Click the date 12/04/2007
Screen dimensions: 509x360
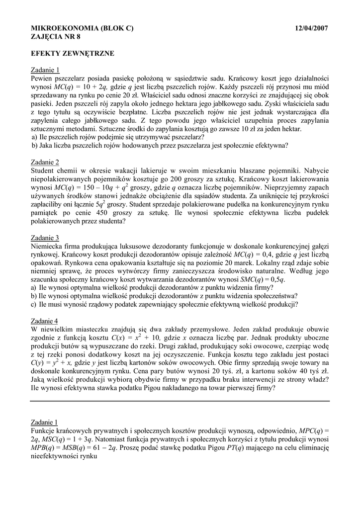[311, 28]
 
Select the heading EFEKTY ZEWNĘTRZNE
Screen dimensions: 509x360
[73, 53]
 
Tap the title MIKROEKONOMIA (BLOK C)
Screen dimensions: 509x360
[82, 28]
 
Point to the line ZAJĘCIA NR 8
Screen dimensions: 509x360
[56, 36]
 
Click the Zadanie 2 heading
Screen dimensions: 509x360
[45, 162]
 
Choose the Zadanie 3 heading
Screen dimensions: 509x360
[45, 238]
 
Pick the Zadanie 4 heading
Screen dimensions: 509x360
[45, 321]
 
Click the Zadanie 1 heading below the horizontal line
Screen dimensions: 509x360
[45, 422]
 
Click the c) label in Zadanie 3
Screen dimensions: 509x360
[34, 304]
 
